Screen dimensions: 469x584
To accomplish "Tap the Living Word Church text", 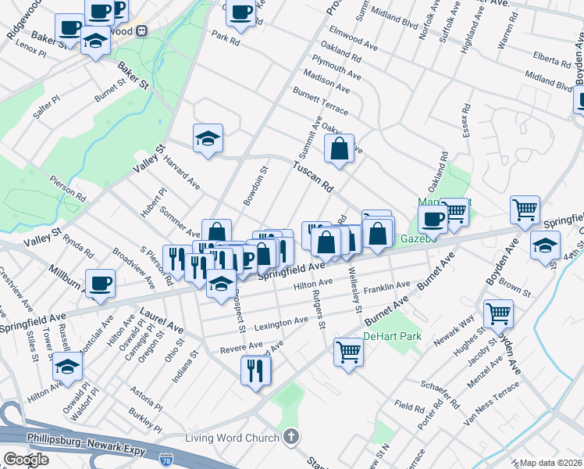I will pyautogui.click(x=232, y=437).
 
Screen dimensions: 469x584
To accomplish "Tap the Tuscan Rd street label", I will pyautogui.click(x=313, y=176).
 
